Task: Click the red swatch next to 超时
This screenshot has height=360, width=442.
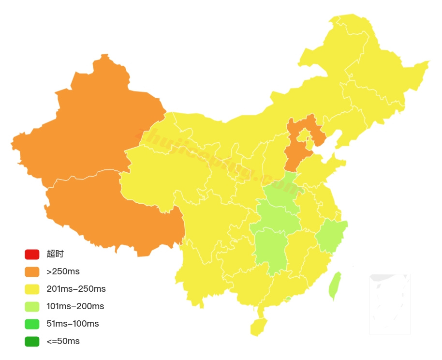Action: pyautogui.click(x=32, y=254)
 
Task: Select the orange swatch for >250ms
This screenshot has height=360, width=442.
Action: pyautogui.click(x=32, y=271)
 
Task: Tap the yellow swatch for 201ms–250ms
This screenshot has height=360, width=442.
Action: pyautogui.click(x=32, y=289)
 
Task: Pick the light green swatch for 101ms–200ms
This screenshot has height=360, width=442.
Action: pyautogui.click(x=32, y=306)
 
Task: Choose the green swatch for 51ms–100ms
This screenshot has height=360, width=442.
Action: pyautogui.click(x=32, y=324)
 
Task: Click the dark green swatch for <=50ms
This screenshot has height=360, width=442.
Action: pyautogui.click(x=32, y=341)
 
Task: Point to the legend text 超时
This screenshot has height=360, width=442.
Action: pyautogui.click(x=55, y=254)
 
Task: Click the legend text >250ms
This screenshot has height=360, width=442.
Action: pyautogui.click(x=63, y=271)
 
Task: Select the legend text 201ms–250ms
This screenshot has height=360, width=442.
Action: pyautogui.click(x=76, y=289)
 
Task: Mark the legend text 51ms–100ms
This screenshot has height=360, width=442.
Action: pyautogui.click(x=73, y=324)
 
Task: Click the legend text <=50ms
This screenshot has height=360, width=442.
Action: pyautogui.click(x=63, y=341)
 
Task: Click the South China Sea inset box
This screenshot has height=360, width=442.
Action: pyautogui.click(x=390, y=304)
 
